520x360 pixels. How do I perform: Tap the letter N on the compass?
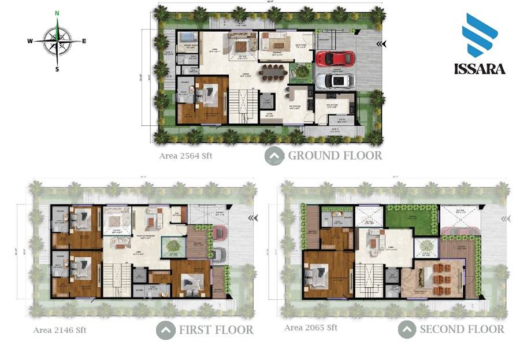[x=57, y=13]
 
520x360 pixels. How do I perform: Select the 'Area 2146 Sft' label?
[x=60, y=330]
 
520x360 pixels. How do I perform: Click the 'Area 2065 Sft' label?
[x=310, y=328]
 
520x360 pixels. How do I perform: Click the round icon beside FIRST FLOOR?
[x=166, y=331]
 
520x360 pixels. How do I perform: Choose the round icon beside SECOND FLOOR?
[x=407, y=329]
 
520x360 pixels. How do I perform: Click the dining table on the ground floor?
[x=273, y=72]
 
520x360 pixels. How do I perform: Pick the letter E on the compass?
[x=84, y=41]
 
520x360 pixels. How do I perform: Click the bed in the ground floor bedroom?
[x=206, y=95]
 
